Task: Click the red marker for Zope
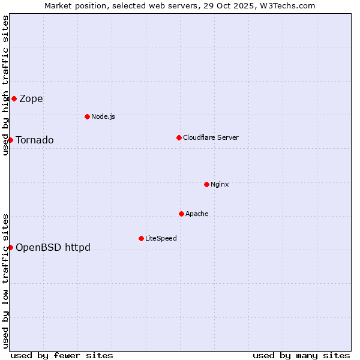tap(14, 98)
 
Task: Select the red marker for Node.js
tap(87, 116)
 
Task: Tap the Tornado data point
tap(10, 140)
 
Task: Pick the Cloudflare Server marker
tap(179, 137)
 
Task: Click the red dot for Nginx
tap(206, 184)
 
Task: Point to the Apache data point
tap(181, 214)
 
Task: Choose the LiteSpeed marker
tap(141, 238)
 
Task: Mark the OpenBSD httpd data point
tap(10, 247)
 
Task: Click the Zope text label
tap(31, 99)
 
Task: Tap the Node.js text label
tap(103, 116)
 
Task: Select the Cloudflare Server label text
tap(211, 137)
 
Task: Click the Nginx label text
tap(220, 184)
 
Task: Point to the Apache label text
tap(197, 214)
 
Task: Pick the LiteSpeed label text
tap(161, 238)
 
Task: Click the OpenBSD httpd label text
tap(53, 247)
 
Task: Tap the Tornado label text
tap(35, 140)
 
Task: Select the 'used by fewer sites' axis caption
tap(62, 355)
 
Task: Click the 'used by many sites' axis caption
tap(301, 355)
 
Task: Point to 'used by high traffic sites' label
tap(5, 85)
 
